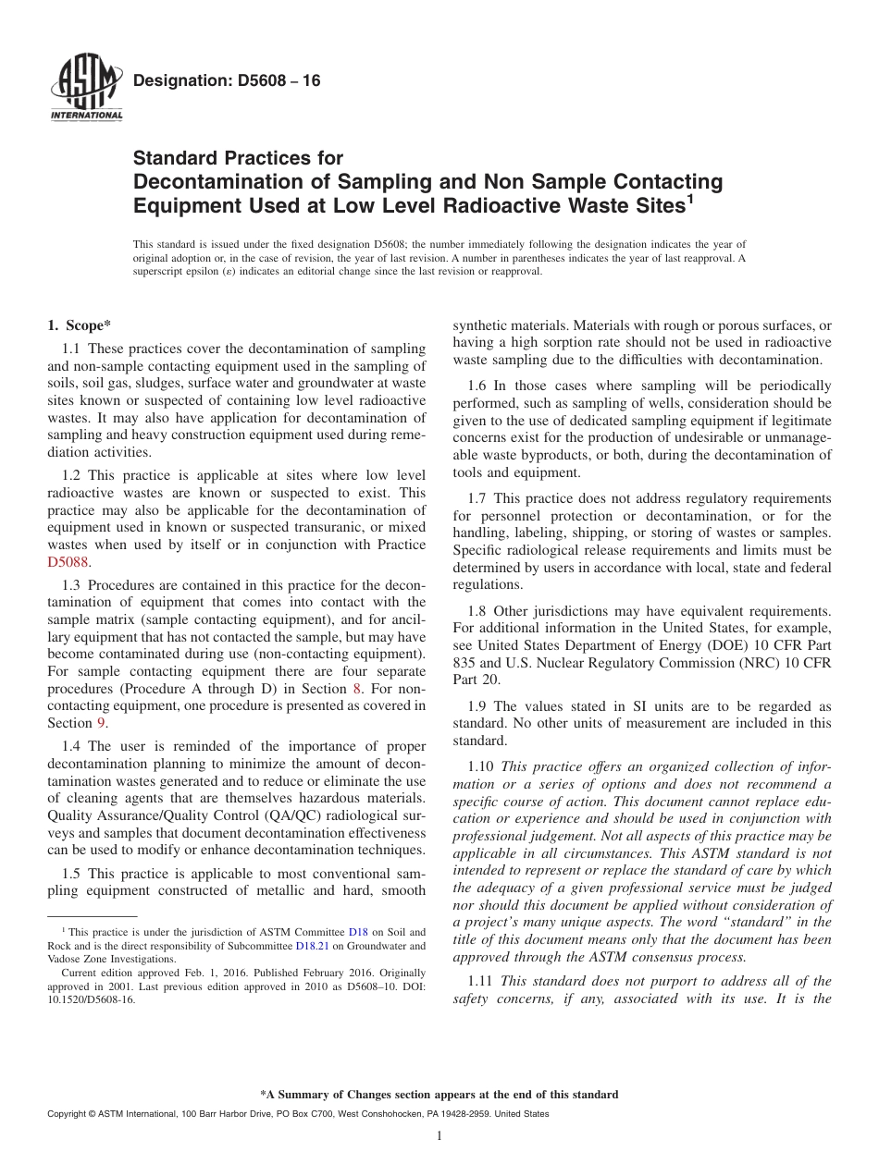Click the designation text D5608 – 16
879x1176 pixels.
coord(227,81)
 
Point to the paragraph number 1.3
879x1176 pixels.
coord(71,584)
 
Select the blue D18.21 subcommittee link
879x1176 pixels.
coord(312,946)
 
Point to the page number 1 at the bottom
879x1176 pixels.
coord(439,1135)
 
